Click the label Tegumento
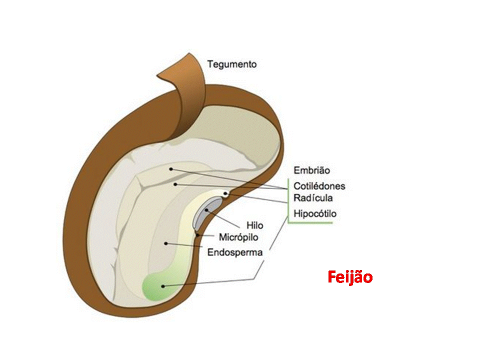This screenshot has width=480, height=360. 232,64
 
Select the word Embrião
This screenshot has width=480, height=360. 311,171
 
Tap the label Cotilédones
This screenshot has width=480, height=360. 319,186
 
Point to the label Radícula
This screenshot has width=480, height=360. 313,198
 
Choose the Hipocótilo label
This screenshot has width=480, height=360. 315,213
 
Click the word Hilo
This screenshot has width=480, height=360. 255,226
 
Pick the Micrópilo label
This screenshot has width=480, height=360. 239,236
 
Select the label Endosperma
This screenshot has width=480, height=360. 235,252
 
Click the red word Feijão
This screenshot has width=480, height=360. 350,276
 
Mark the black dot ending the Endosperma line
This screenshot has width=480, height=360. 164,243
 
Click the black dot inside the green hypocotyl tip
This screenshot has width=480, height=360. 162,286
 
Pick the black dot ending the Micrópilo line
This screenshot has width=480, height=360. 198,233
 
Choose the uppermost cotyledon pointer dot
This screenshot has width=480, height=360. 171,169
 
